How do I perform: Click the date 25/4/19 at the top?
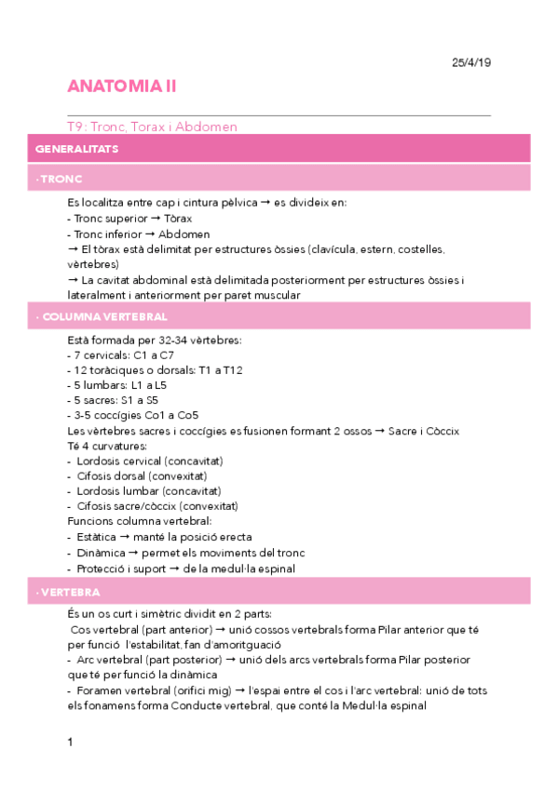[x=471, y=62]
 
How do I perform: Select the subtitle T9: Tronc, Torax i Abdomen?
[x=152, y=126]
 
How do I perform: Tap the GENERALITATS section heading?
[x=76, y=149]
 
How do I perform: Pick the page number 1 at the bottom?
[x=70, y=742]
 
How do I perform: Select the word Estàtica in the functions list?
[x=97, y=537]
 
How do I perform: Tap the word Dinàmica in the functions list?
[x=99, y=553]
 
